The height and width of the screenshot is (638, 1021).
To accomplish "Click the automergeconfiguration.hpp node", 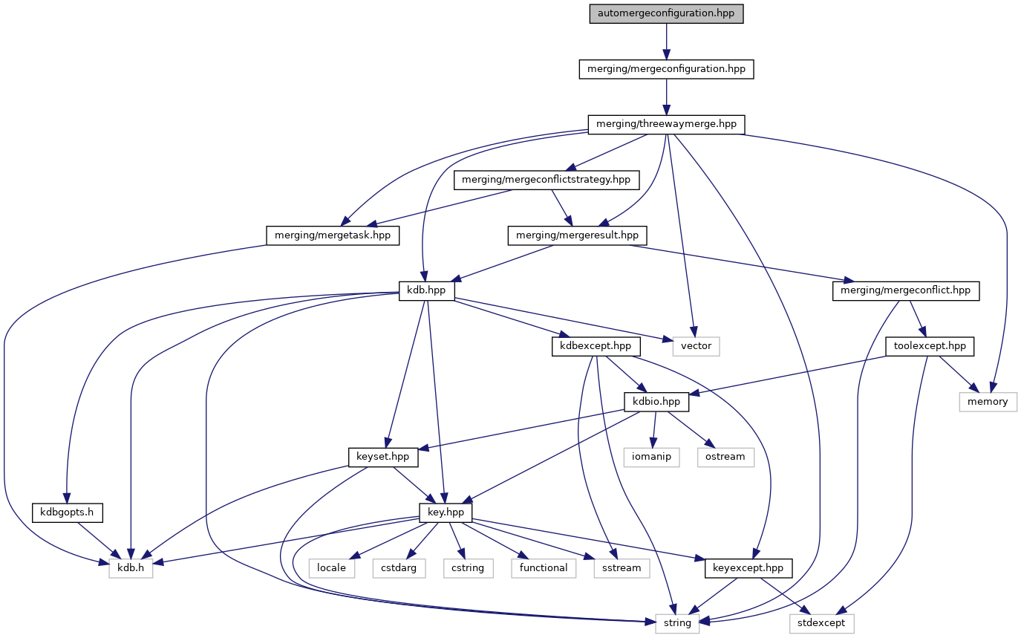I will pos(666,14).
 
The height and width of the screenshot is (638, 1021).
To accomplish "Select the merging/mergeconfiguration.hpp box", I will pos(666,69).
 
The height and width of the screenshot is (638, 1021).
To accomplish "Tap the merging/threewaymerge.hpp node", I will pos(666,124).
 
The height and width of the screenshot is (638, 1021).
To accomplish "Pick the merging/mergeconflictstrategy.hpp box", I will pos(546,179).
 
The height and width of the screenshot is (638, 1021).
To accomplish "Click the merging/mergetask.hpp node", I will pos(333,235).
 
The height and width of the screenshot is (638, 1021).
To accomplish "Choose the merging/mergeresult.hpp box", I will pos(577,235).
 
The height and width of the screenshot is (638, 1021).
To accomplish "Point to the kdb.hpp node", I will pos(426,290).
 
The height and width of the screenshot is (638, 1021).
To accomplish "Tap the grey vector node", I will pos(697,345).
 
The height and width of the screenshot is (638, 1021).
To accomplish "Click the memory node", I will pos(987,401).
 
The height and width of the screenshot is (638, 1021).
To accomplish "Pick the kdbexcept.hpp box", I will pos(596,345).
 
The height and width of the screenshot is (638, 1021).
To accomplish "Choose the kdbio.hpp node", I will pos(656,401).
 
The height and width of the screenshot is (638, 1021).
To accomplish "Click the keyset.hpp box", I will pos(383,457).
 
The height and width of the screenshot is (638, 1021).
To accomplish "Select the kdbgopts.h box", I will pos(66,512).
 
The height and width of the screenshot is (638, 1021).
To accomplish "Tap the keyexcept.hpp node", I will pos(748,567).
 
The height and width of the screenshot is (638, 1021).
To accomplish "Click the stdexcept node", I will pos(822,622).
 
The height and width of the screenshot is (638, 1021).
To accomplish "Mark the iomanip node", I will pos(653,457).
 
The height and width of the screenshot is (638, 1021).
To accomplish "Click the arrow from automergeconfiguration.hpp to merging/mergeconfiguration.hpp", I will pos(666,42).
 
